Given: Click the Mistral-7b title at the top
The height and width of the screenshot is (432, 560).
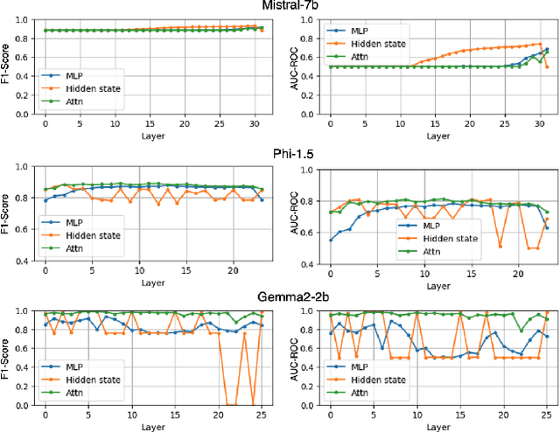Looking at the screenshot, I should pyautogui.click(x=280, y=6).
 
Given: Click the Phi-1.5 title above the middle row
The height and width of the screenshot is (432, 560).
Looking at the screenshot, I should pyautogui.click(x=280, y=150).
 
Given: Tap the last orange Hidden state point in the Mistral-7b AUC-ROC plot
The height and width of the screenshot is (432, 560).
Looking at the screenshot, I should pyautogui.click(x=547, y=67).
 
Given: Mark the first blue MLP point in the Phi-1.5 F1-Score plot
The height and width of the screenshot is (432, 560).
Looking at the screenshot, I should pyautogui.click(x=45, y=200).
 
